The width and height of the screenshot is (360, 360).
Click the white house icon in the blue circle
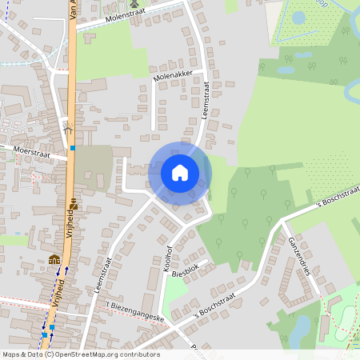tap(180, 173)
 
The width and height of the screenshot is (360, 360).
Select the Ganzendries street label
tap(298, 255)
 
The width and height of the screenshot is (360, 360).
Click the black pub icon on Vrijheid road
tap(74, 202)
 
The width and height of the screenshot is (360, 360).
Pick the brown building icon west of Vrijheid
tap(54, 260)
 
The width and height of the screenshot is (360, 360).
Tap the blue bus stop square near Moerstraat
tap(73, 147)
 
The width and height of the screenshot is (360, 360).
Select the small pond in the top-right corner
tap(299, 16)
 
